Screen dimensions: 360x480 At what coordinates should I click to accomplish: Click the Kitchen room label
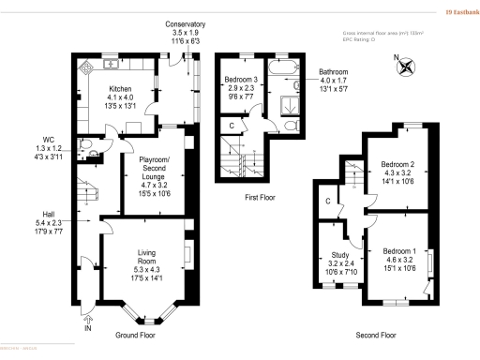[x=123, y=88]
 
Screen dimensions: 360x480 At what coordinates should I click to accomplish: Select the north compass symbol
[x=403, y=64]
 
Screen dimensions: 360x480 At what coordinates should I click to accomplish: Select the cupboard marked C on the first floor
[x=232, y=124]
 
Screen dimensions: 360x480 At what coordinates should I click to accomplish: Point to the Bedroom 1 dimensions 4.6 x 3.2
[x=399, y=263]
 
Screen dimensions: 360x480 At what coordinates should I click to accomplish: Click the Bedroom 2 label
[x=399, y=165]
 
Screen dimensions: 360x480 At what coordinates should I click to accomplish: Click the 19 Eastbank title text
[x=455, y=11]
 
